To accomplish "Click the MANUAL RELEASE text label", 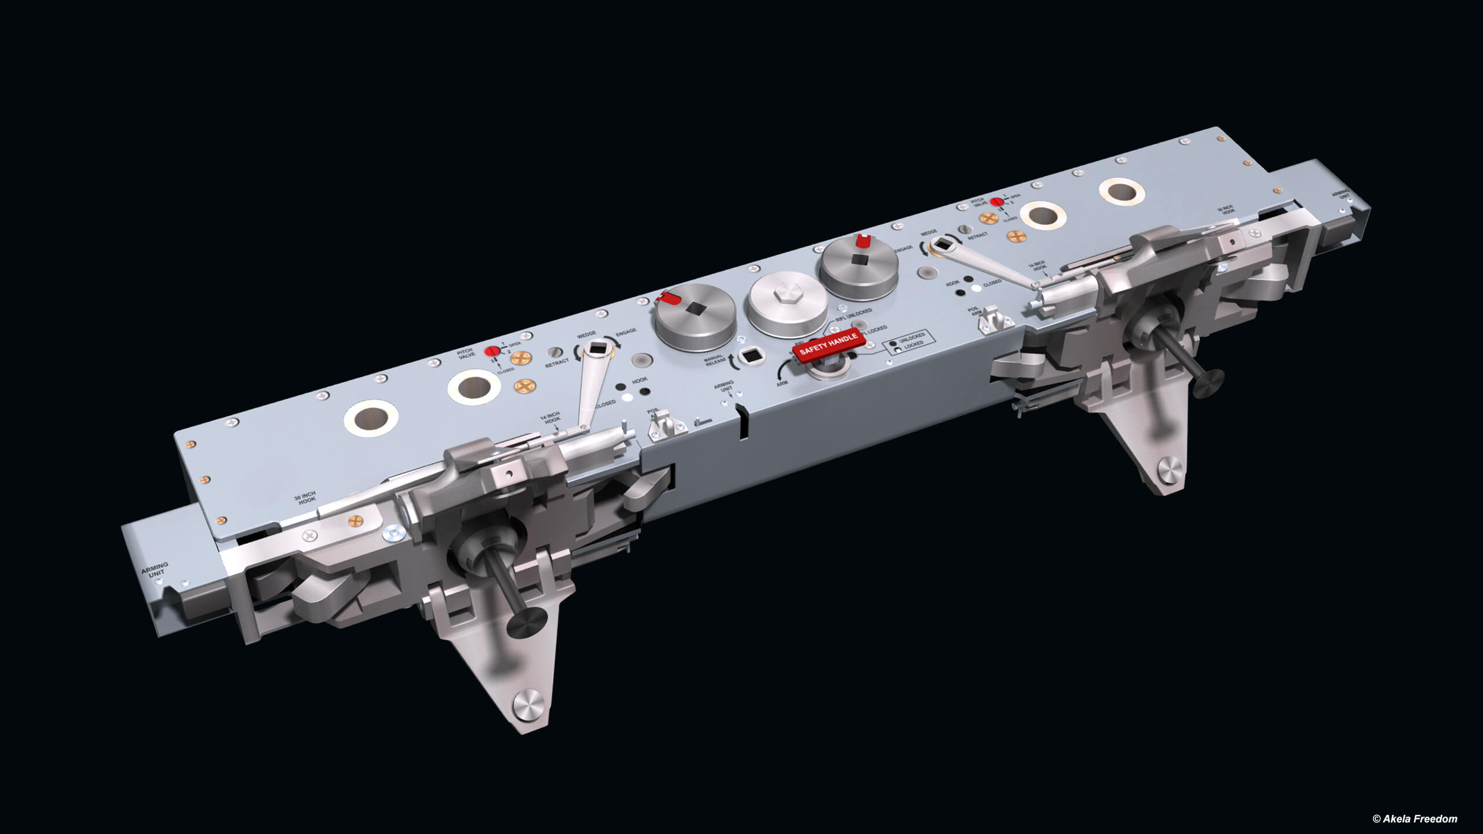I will [715, 360].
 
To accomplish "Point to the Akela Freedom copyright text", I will [1414, 819].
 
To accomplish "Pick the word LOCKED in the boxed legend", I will [913, 345].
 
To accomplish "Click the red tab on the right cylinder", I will [863, 239].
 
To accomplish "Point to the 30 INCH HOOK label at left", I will [305, 499].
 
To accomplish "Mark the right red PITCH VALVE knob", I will [996, 202].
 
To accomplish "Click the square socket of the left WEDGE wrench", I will [597, 349].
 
